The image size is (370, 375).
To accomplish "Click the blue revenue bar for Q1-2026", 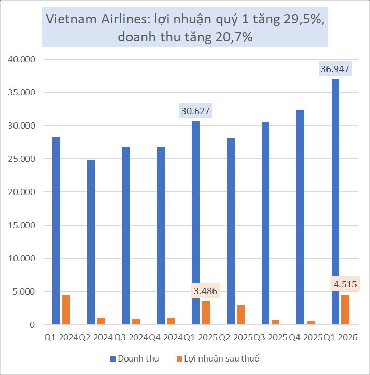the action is [335, 202].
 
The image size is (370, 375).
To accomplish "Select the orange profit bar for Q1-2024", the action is [66, 310].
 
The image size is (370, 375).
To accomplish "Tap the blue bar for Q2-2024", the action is [91, 242].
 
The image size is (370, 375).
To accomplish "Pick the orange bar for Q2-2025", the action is [240, 315].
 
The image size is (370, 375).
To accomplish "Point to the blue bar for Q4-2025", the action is [300, 217].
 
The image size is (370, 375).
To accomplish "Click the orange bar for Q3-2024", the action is [136, 322].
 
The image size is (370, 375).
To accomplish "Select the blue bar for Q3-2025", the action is [265, 224].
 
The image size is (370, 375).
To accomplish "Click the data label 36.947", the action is [335, 69].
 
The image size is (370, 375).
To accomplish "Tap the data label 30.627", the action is [195, 111].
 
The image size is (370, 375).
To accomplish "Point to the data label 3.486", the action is [205, 291].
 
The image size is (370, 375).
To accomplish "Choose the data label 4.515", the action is [345, 284].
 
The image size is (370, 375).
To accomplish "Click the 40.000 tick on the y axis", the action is [22, 59].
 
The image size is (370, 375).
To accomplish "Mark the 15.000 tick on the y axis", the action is [22, 225].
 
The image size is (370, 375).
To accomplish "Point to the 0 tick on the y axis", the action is [32, 325].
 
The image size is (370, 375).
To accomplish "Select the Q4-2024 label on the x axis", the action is [166, 337].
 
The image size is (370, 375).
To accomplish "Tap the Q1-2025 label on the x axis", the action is [201, 337].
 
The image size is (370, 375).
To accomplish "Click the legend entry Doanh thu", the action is [134, 358].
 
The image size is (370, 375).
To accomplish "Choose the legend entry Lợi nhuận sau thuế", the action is [218, 358].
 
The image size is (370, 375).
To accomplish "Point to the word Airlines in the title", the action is [125, 19].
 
